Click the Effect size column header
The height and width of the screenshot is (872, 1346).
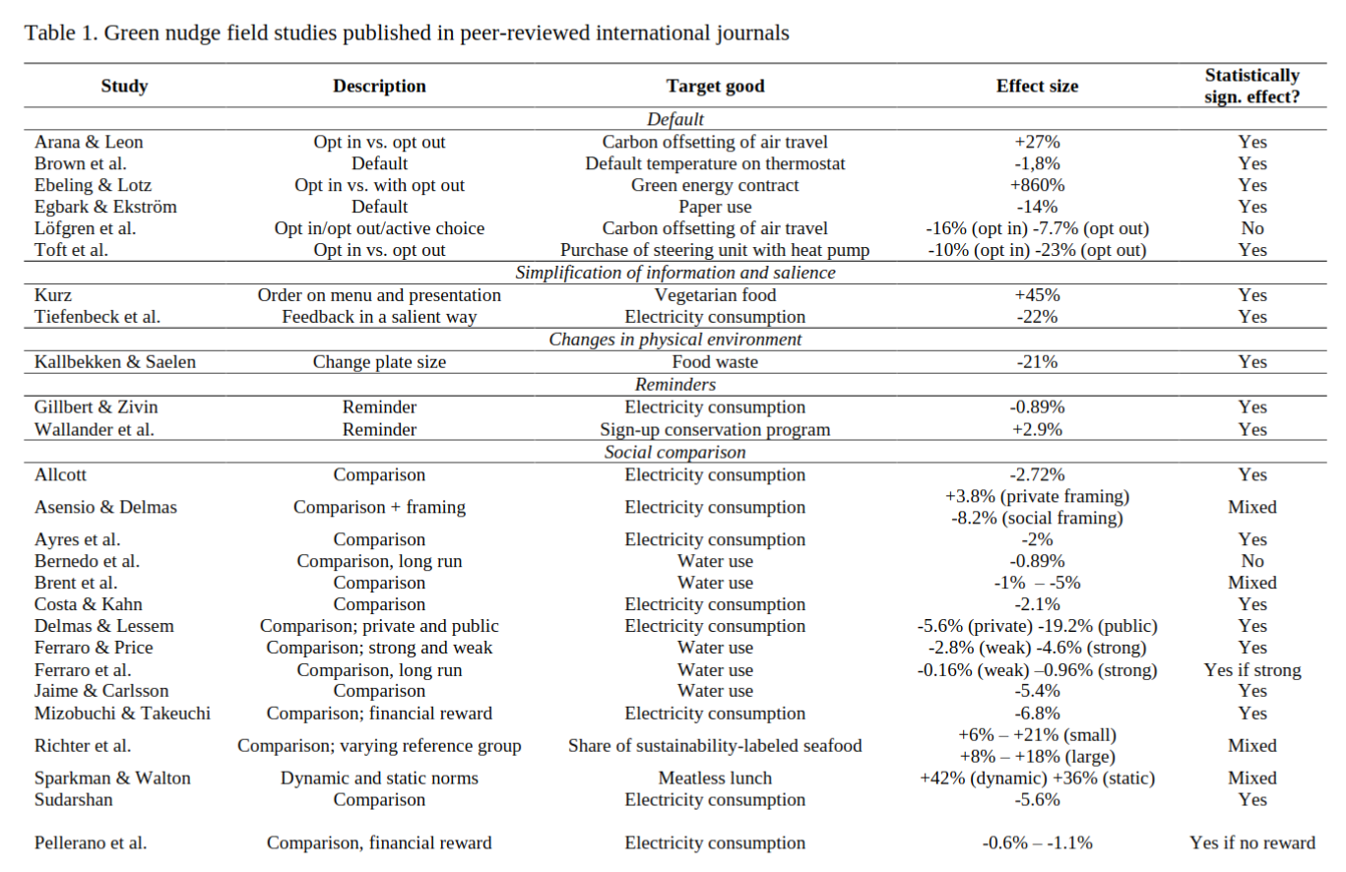1037,86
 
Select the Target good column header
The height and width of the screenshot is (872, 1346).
715,86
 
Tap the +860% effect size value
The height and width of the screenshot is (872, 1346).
1037,185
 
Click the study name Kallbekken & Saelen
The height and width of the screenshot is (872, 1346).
115,361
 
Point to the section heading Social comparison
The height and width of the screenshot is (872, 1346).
674,452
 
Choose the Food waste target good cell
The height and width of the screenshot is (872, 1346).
715,361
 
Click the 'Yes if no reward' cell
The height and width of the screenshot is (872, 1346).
1252,842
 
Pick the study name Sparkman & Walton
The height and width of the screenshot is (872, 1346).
112,778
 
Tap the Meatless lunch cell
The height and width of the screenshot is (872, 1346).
715,778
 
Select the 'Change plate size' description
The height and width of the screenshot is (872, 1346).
379,361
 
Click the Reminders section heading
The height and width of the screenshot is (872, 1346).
674,384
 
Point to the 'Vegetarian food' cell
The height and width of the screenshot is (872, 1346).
715,295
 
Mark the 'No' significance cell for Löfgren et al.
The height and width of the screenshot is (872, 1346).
1252,228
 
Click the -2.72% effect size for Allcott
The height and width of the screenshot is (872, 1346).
1037,474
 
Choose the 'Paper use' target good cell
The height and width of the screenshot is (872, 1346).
715,207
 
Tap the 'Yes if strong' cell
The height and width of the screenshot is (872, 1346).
1252,669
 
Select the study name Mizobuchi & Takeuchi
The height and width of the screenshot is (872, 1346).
122,713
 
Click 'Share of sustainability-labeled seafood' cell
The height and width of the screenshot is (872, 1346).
715,745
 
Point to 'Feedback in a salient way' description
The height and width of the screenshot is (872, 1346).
379,317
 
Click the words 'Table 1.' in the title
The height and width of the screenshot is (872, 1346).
61,32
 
